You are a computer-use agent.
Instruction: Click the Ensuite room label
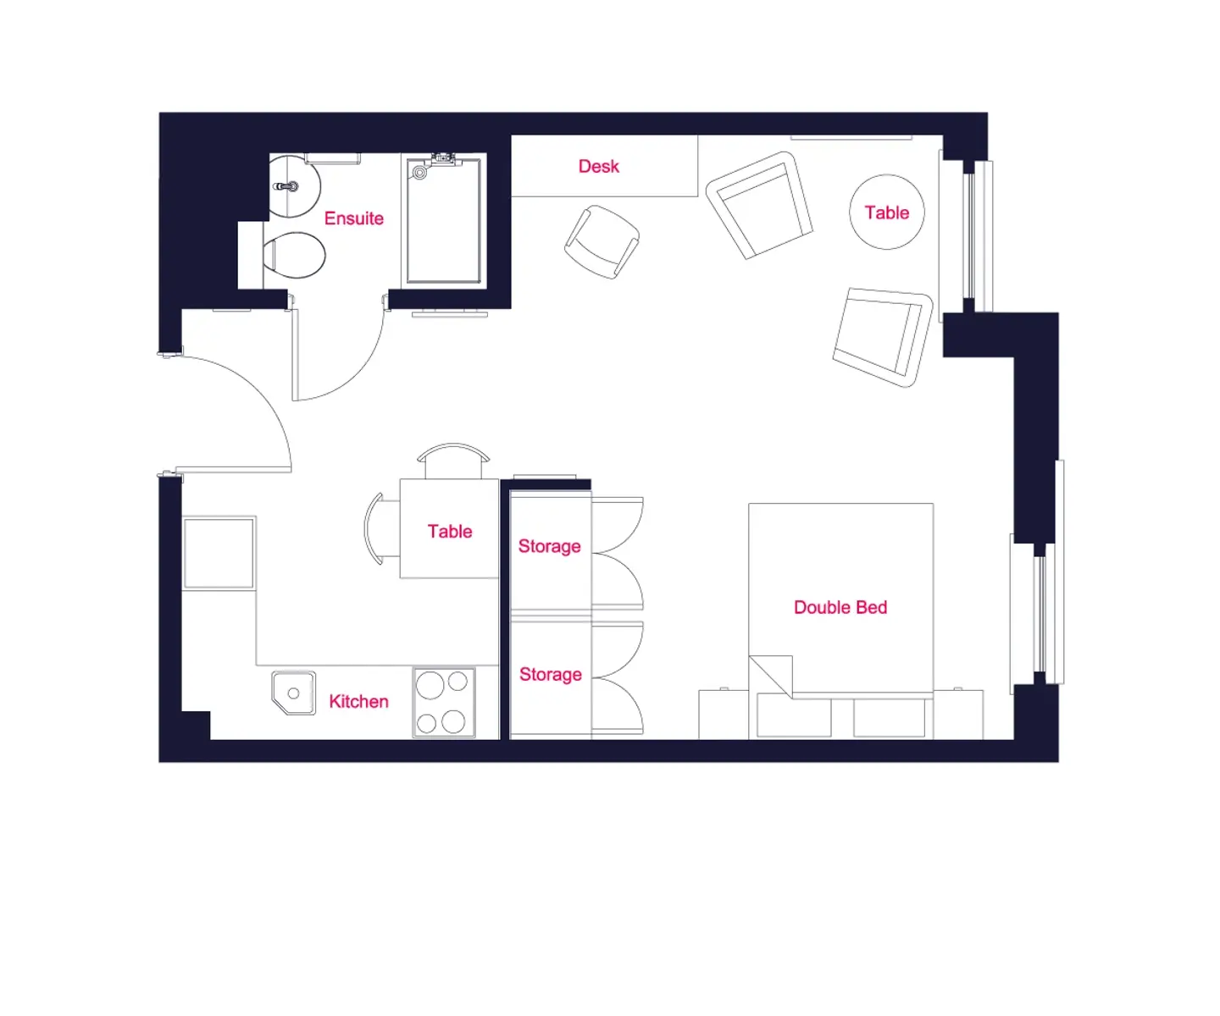(353, 218)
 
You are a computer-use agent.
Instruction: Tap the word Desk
(598, 167)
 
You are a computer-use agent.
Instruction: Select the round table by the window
(886, 212)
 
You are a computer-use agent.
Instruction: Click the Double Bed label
(840, 607)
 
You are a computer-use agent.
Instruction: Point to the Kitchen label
(358, 701)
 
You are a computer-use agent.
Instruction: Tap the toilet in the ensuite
(293, 255)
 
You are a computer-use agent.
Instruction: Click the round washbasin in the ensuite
(294, 185)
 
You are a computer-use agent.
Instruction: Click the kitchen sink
(293, 693)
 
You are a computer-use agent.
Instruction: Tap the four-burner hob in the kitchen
(444, 703)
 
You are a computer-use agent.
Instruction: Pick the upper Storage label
(549, 546)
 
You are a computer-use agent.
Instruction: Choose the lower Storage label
(551, 675)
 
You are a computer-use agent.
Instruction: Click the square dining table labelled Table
(449, 528)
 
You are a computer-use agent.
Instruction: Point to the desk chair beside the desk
(602, 242)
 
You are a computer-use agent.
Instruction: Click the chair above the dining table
(452, 460)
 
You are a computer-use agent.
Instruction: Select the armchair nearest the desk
(759, 205)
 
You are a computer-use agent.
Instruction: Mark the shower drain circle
(419, 172)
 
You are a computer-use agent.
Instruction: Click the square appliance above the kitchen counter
(219, 552)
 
